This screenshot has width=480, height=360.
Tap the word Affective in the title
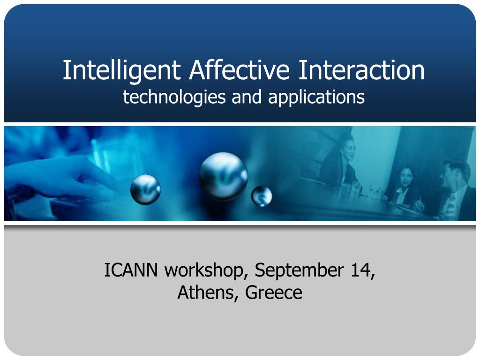coord(239,70)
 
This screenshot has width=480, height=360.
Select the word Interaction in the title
coord(361,70)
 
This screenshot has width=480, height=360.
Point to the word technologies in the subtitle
coord(174,97)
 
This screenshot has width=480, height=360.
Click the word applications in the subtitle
coord(316,97)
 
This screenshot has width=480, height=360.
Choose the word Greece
coord(274,292)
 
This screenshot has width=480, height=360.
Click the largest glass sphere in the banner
coord(223,177)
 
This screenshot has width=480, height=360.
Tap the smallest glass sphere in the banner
coord(262,196)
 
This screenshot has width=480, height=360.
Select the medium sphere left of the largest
coord(145,189)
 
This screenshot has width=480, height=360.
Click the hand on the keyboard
coord(58,180)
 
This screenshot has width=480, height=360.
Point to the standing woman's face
coord(349,149)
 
